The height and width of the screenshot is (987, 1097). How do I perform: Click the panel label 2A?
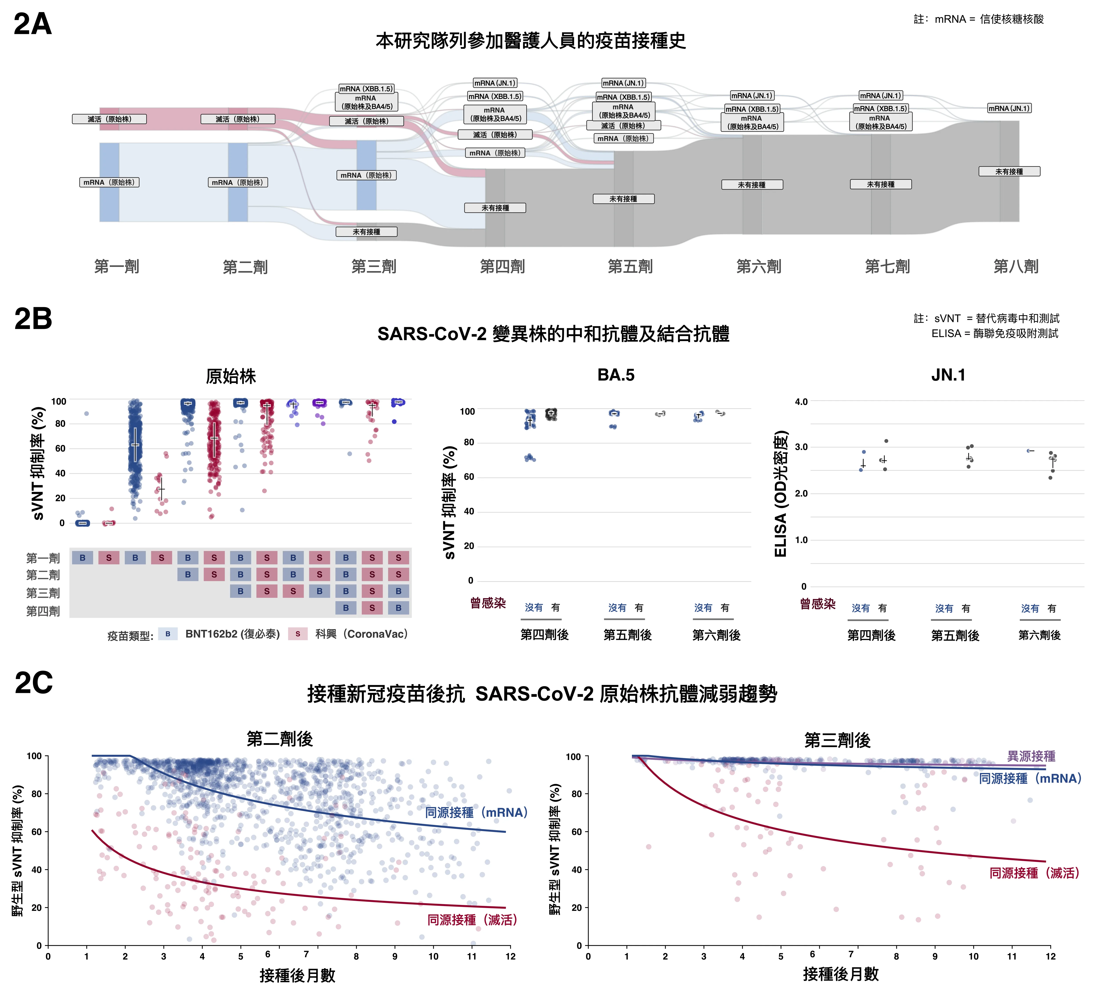(32, 24)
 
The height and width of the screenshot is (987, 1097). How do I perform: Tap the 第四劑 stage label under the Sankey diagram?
(502, 266)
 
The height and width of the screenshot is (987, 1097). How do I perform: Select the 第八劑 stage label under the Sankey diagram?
(1016, 266)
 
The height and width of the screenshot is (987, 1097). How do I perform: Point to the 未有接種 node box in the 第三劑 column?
(367, 232)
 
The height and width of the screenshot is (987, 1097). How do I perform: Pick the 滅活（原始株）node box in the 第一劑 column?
(110, 119)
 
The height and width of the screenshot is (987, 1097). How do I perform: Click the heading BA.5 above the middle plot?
(616, 375)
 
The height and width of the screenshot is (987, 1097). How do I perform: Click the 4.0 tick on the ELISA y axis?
(801, 402)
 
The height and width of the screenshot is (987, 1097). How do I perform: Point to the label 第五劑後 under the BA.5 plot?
(628, 635)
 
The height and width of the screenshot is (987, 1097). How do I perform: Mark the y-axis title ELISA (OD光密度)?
(780, 493)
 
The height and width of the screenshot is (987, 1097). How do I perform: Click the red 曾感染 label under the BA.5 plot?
(488, 603)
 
